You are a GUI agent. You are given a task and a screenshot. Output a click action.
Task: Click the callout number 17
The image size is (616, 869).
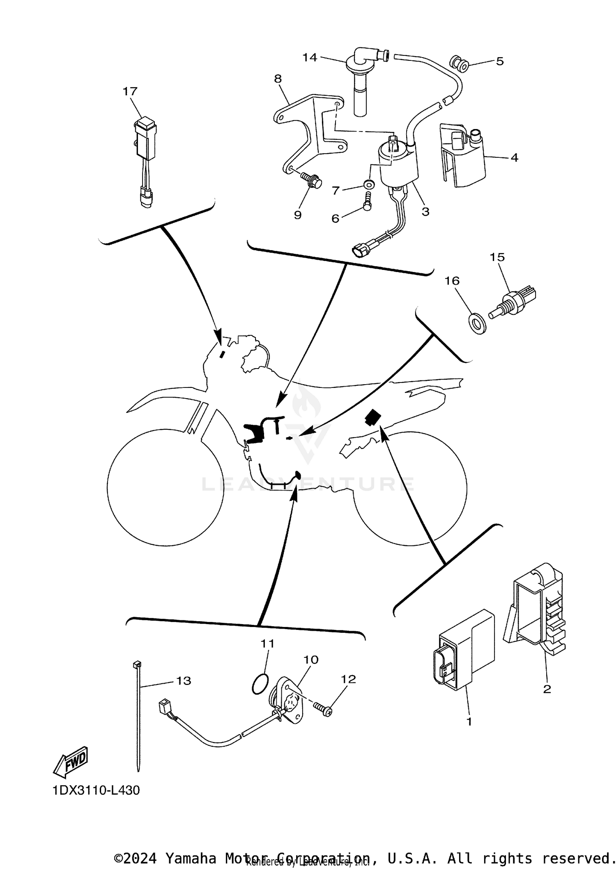[130, 91]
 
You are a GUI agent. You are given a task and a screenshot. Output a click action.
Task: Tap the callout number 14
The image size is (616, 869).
[310, 58]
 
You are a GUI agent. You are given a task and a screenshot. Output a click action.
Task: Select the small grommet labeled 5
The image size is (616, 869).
[459, 64]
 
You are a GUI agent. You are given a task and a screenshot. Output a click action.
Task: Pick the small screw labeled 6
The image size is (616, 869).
[368, 201]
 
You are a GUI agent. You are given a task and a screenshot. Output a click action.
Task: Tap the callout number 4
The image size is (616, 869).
[514, 157]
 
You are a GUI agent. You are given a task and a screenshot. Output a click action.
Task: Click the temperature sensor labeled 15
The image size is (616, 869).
[513, 301]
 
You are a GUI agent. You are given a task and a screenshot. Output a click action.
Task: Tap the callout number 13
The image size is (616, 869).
[184, 681]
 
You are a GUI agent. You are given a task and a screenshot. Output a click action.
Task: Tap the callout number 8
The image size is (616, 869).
[278, 78]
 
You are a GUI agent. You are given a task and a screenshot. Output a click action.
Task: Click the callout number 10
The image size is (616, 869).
[311, 660]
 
